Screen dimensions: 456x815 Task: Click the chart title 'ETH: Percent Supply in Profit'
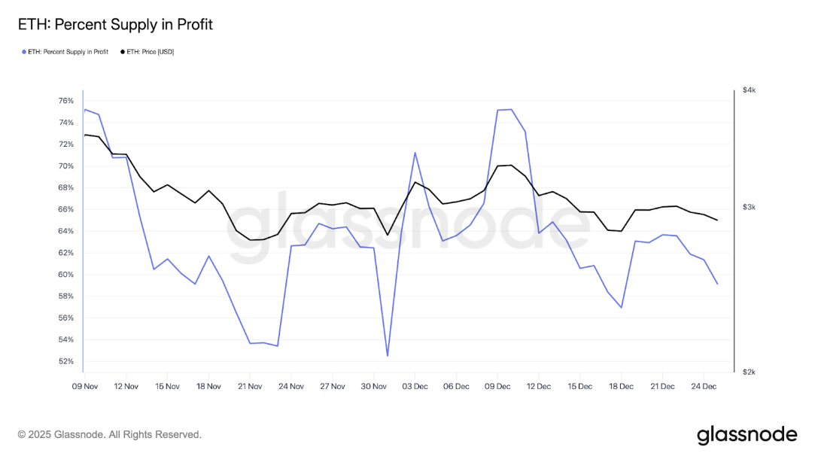[115, 25]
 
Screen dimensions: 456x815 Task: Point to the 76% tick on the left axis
[65, 101]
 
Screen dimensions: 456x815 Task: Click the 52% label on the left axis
[65, 362]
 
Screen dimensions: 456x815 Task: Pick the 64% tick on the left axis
[65, 231]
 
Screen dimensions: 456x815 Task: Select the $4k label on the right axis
[749, 90]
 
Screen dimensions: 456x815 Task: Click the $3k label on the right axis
[749, 208]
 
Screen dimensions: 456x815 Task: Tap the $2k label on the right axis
[749, 372]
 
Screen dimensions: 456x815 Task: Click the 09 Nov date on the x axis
[84, 387]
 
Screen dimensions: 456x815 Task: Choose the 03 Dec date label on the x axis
[415, 387]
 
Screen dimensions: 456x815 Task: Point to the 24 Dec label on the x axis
[704, 387]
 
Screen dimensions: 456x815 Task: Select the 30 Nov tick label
[373, 387]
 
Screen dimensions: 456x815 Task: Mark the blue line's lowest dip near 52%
[388, 356]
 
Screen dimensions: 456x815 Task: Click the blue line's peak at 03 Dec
[415, 153]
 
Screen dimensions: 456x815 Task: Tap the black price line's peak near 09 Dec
[511, 165]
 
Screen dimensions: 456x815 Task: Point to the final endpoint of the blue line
[717, 284]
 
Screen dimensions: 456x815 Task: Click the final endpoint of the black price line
[717, 220]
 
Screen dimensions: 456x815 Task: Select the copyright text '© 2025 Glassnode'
[110, 435]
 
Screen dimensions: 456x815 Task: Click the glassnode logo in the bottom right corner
[747, 435]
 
